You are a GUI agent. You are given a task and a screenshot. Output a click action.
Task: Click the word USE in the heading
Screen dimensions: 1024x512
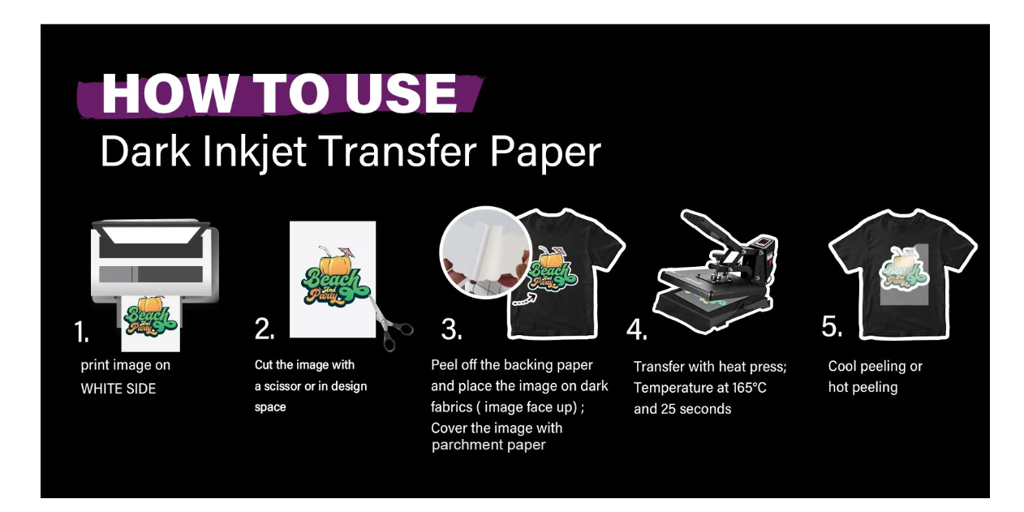401,93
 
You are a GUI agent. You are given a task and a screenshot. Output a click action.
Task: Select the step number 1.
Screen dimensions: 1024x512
81,331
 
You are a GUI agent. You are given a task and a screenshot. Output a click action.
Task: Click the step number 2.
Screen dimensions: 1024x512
265,329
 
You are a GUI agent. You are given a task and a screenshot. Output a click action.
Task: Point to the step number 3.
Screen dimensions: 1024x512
451,329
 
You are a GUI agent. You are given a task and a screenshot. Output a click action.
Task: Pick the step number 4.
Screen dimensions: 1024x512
637,329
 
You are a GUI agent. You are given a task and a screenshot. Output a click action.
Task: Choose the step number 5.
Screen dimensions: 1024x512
832,326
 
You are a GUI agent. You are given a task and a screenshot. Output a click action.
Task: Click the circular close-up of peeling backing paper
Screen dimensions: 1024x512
485,252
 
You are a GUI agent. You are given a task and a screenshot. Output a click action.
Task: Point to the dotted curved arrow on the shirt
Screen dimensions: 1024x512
524,299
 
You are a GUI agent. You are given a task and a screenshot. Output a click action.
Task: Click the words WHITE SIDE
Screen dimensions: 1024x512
118,389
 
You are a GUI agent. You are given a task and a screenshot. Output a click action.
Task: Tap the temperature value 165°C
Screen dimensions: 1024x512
749,388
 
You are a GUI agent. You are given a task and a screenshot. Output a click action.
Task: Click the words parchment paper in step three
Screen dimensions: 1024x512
488,445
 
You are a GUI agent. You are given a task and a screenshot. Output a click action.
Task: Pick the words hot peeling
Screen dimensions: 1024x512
863,387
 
